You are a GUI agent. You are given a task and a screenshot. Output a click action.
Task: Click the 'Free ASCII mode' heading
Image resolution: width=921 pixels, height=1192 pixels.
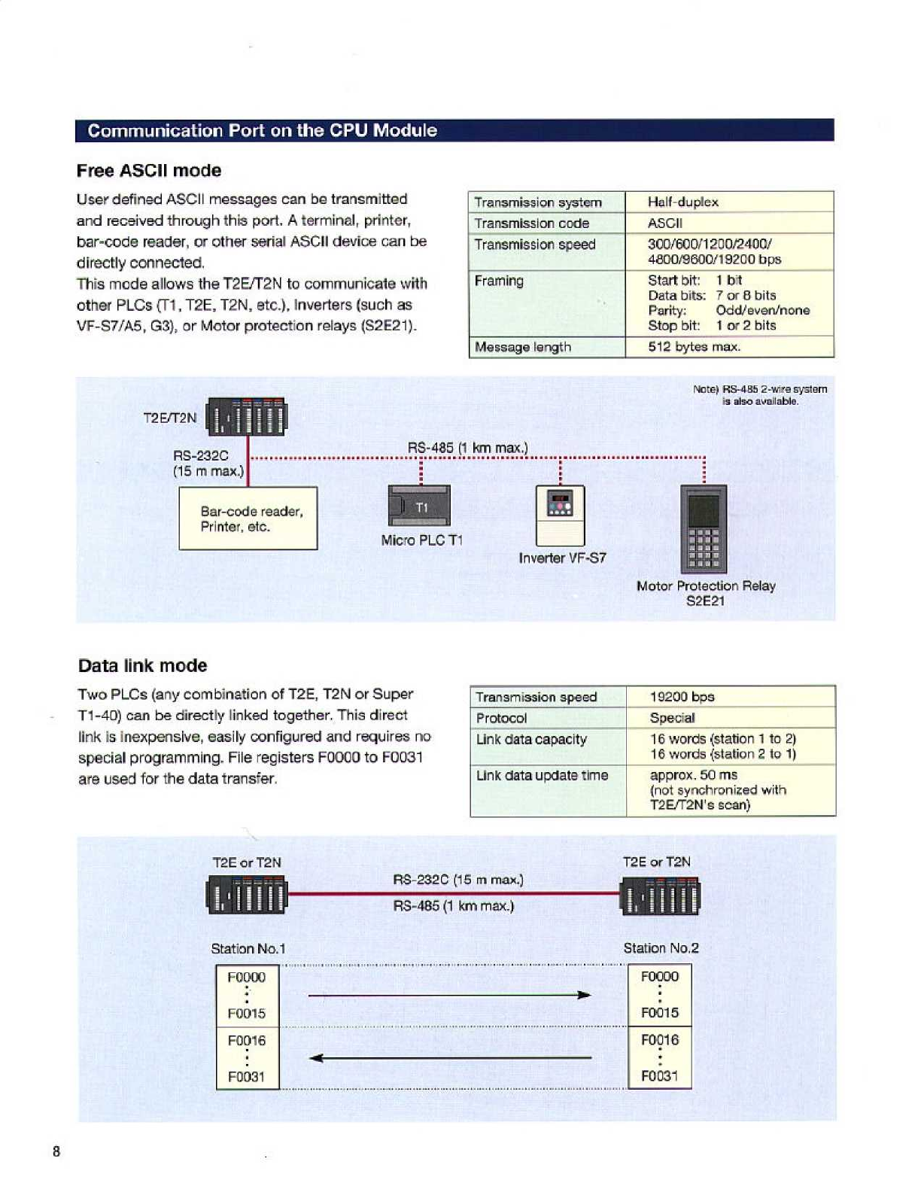(149, 171)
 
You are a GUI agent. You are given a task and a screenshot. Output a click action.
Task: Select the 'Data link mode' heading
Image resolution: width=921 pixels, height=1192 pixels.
(142, 666)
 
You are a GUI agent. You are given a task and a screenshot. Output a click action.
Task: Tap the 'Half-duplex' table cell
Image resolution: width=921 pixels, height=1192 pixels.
(682, 202)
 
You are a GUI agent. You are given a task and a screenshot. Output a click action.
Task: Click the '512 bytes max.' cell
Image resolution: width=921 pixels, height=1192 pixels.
(694, 347)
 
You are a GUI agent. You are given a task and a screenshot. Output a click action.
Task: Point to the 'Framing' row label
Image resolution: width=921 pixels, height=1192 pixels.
(499, 281)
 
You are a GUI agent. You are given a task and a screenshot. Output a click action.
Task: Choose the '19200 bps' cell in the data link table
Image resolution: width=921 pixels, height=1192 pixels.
(682, 697)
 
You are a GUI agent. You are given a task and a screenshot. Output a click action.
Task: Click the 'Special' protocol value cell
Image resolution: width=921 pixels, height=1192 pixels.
(672, 718)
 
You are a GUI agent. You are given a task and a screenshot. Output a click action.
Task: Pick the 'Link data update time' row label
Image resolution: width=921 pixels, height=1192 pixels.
(542, 775)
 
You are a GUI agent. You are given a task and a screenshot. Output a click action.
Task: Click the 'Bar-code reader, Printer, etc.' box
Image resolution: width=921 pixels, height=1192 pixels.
(248, 518)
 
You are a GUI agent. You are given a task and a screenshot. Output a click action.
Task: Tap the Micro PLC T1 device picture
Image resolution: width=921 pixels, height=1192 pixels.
(419, 506)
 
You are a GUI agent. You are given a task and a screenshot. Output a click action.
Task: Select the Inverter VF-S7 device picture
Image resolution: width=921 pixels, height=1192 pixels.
(560, 515)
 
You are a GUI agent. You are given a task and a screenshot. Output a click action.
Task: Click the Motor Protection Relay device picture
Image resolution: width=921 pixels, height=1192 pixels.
(704, 528)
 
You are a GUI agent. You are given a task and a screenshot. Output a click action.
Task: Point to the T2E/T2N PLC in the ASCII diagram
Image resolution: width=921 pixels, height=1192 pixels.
(247, 416)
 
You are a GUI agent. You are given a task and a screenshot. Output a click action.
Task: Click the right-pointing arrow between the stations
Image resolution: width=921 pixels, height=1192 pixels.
(449, 996)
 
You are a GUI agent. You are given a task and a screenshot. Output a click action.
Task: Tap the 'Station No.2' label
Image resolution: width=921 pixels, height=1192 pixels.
(661, 948)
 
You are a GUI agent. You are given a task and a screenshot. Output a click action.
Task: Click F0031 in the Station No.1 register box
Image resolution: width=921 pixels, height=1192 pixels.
(247, 1077)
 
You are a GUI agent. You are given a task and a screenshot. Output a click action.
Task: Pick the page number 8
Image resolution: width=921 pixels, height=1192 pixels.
(56, 1151)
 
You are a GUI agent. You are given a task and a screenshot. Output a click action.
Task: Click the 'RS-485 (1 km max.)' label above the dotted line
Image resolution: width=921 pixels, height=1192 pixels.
(467, 448)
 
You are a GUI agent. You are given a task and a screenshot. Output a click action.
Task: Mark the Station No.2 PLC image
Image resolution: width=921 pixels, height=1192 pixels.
(660, 896)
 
